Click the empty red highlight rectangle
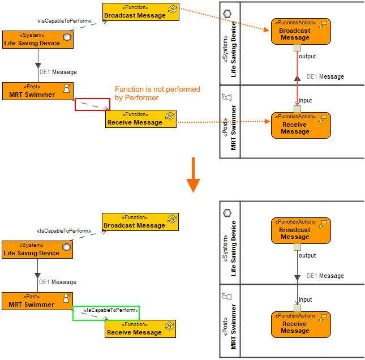[93, 104]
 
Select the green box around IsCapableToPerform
[106, 313]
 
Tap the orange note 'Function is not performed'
[157, 93]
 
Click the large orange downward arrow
[193, 175]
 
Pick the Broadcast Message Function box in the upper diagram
[141, 12]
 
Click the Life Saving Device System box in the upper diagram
[38, 40]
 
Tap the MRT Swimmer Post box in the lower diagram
[37, 301]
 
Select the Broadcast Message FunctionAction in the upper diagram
[300, 31]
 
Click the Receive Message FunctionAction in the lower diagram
[300, 324]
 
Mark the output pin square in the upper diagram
[297, 48]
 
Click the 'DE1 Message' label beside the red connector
[325, 76]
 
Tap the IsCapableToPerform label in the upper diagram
[64, 21]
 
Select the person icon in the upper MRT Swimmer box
[67, 88]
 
